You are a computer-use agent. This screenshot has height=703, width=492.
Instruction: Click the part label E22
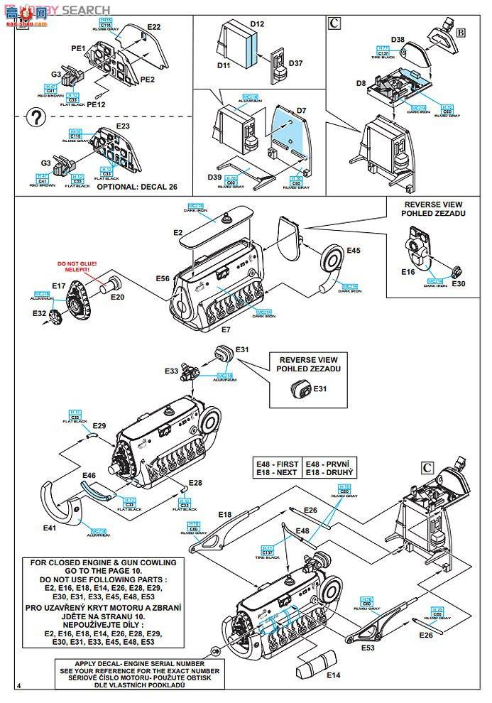tap(153, 27)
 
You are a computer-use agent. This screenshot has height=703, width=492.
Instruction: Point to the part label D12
tap(256, 24)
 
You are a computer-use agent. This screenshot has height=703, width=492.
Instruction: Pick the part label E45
tap(353, 250)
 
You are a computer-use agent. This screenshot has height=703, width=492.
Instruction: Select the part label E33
tap(172, 371)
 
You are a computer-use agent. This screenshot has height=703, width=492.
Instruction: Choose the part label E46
tap(89, 475)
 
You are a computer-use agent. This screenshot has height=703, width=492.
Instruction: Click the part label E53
tap(368, 648)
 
